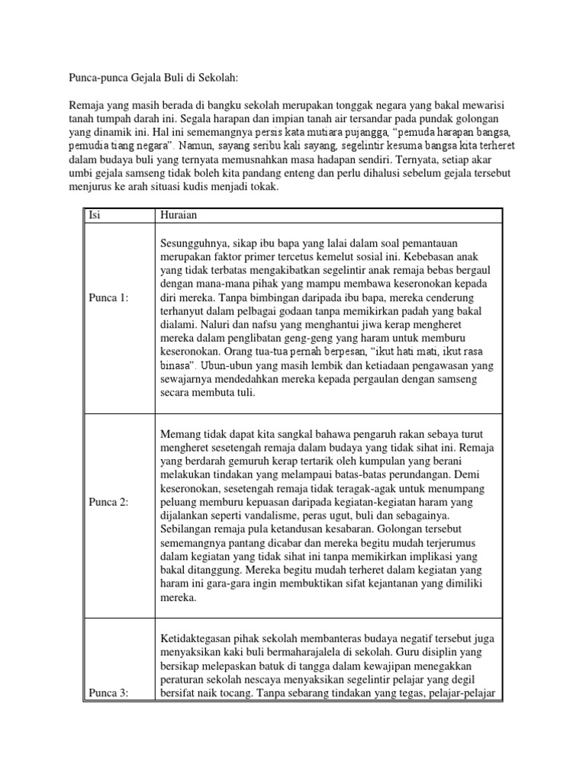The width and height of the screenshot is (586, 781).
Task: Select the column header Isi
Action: (x=95, y=215)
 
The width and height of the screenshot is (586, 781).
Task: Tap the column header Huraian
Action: (x=179, y=215)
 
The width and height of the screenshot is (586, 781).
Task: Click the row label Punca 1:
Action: (x=110, y=298)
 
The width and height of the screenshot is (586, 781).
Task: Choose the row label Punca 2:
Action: (x=110, y=503)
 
